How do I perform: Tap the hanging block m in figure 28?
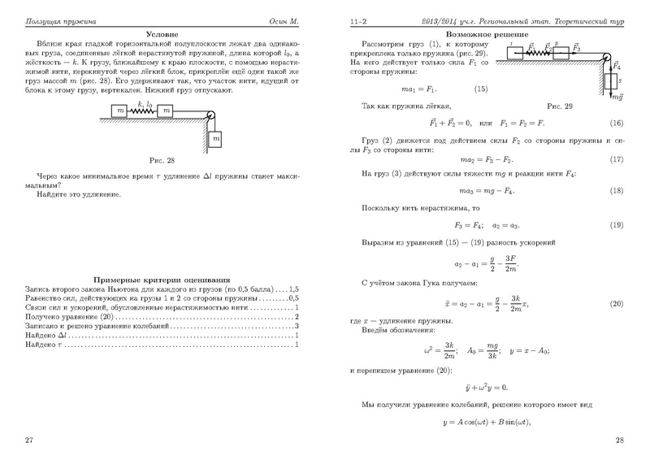coord(215,140)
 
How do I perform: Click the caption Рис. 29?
coord(560,106)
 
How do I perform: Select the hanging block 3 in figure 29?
coord(612,81)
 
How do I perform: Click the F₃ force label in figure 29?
coord(578,48)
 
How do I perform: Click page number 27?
coord(30,440)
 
